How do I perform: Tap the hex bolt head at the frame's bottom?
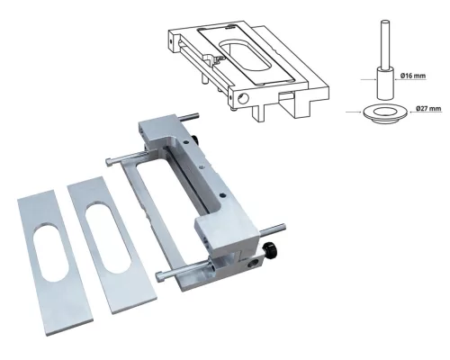[x=159, y=274]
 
